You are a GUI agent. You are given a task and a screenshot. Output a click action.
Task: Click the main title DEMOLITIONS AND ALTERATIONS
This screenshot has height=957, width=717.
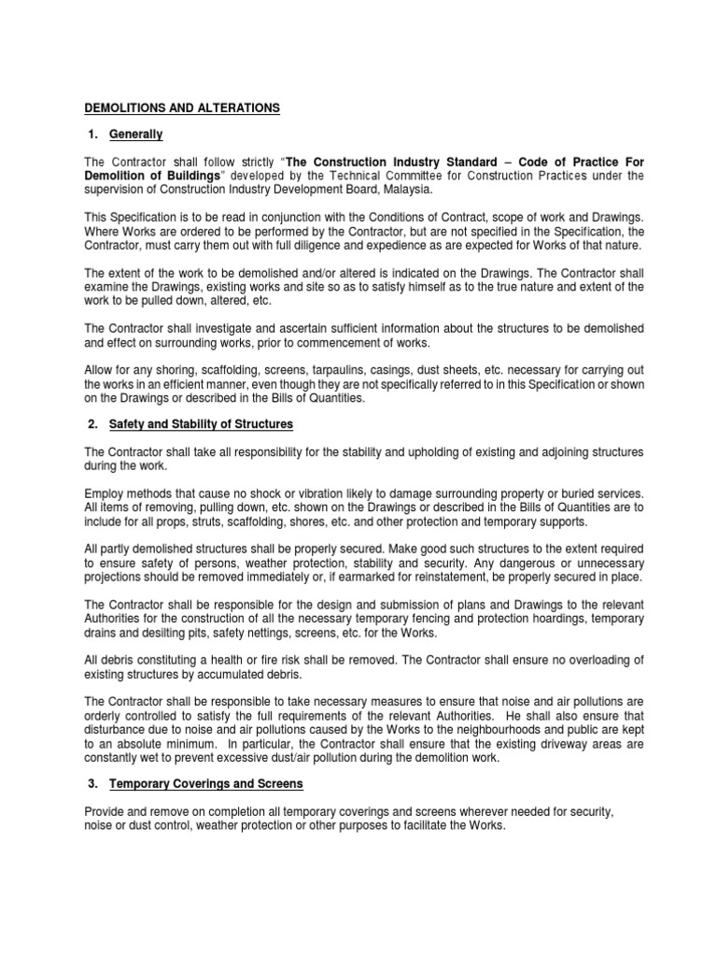(182, 108)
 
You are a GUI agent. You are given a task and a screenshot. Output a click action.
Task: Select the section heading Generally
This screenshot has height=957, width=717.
(136, 135)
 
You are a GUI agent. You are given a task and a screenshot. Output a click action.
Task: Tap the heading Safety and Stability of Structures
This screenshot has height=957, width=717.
(201, 424)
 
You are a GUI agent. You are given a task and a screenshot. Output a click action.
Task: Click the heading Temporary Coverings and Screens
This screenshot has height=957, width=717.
(206, 783)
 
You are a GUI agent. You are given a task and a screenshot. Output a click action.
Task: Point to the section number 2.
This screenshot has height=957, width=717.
(93, 424)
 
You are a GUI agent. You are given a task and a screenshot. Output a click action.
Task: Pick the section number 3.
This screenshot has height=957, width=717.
(93, 783)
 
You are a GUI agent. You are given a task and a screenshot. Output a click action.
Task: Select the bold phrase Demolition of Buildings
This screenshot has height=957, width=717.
(152, 176)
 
